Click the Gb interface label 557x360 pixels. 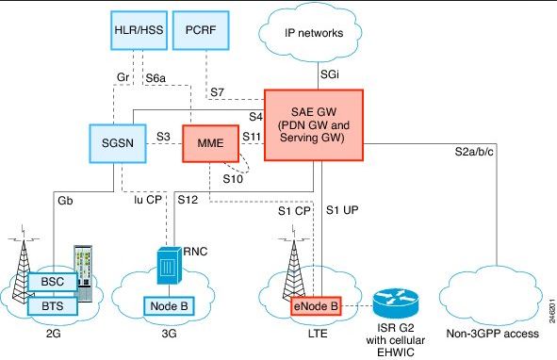[65, 201]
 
